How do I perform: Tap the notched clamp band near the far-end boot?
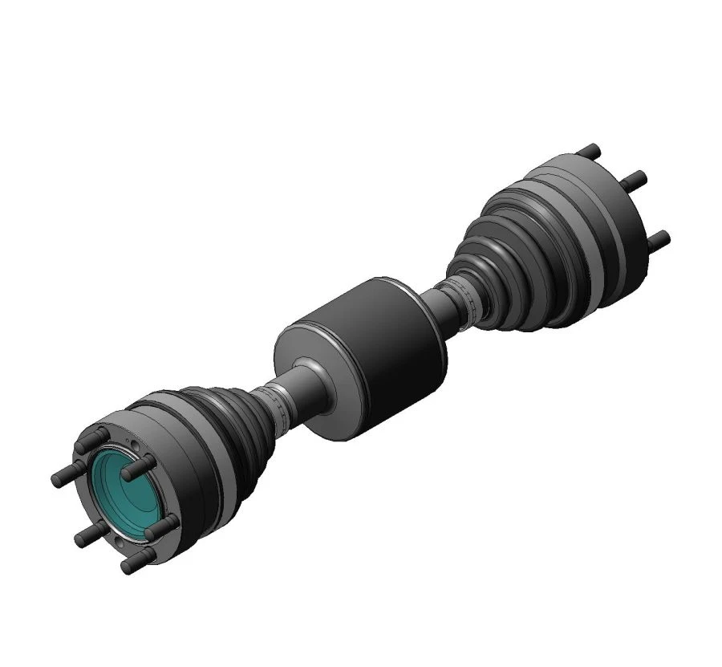coord(473,301)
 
